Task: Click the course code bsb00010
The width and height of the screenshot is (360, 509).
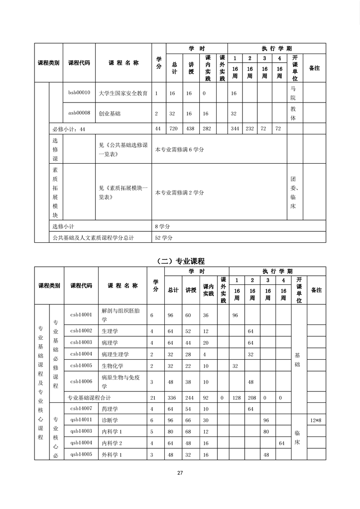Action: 79,93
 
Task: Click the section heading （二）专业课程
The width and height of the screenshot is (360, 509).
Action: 180,261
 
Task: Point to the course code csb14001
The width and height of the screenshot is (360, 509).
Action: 81,314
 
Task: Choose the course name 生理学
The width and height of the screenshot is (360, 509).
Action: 109,331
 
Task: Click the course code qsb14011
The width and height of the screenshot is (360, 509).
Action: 81,419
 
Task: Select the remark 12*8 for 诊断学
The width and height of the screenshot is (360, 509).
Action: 316,419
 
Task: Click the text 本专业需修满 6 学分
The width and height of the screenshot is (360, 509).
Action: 180,149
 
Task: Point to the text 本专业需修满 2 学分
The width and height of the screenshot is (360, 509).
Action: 180,192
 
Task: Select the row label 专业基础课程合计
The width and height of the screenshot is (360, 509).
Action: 90,397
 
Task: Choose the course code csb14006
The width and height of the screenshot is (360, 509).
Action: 81,382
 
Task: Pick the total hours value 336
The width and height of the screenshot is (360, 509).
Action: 173,397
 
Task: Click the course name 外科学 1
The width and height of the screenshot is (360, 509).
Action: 112,454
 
